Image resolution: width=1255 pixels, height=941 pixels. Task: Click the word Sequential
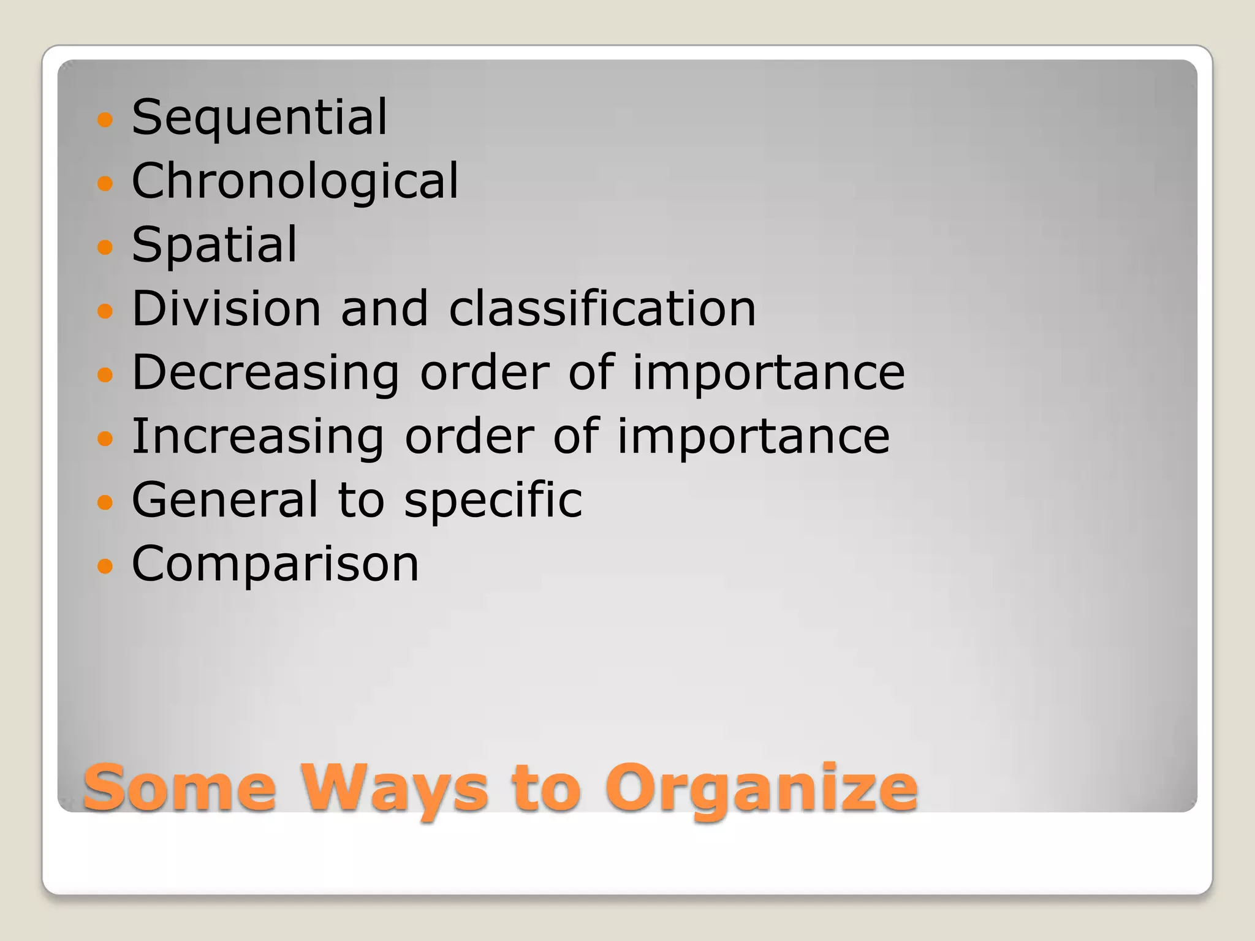259,118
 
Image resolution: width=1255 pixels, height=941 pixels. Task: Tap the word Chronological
295,181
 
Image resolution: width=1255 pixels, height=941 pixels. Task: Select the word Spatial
214,245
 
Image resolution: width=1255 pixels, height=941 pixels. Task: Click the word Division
226,308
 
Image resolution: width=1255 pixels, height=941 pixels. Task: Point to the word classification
602,308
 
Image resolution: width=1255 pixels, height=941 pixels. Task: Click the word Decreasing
265,373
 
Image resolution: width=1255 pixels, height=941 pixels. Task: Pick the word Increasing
258,437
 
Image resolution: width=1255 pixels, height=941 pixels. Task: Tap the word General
225,500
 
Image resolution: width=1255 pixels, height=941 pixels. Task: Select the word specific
493,501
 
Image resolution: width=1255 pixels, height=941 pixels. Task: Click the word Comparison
275,564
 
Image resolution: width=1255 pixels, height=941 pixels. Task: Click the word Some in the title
180,788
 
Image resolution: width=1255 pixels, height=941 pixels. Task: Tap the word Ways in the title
393,788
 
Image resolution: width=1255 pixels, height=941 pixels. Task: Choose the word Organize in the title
761,789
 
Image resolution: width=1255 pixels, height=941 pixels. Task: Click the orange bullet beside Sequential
105,119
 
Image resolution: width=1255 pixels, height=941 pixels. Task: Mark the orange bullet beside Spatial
105,247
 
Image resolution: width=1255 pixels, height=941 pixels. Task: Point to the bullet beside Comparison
105,566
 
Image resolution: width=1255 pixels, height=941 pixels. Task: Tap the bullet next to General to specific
105,502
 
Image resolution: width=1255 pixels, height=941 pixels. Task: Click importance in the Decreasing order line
768,373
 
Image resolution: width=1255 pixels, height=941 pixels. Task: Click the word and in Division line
384,308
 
